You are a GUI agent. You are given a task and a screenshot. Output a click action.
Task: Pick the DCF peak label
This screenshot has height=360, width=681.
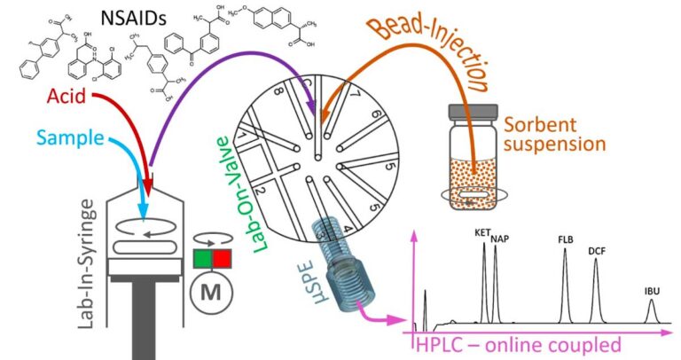[596, 252]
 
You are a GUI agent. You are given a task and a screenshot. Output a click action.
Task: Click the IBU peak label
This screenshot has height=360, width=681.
[652, 290]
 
